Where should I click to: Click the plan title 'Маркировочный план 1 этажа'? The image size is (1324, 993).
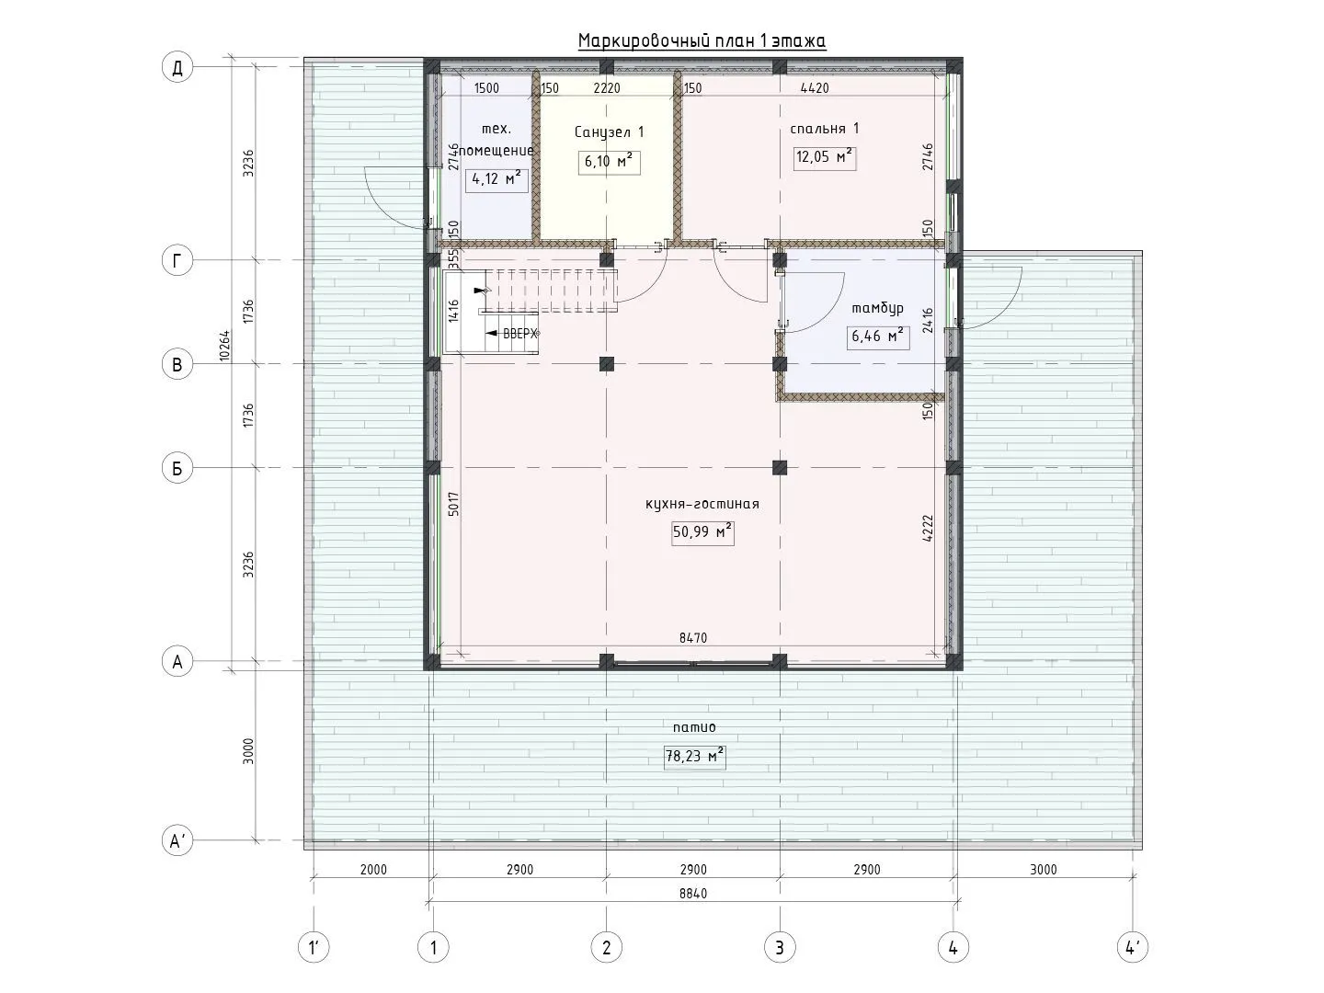coord(702,41)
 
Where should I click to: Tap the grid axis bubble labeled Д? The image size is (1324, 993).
coord(177,67)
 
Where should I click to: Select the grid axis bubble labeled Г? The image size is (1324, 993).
coord(177,260)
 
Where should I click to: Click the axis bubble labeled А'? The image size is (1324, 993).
coord(177,840)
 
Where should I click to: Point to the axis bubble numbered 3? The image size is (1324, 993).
coord(780,948)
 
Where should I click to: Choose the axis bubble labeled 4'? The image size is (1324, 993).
coord(1132,948)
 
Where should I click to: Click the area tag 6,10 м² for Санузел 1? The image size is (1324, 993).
coord(609,162)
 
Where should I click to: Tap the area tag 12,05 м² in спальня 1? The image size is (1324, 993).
coord(824,157)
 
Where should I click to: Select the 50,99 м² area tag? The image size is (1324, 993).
coord(702,532)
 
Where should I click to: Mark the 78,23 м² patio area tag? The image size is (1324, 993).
coord(694,756)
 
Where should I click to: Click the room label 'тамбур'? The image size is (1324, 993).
coord(878,308)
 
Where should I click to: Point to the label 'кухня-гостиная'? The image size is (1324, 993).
coord(702,504)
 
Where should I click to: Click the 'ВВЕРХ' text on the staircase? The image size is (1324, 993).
coord(519,334)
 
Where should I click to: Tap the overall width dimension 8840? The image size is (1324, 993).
coord(693,893)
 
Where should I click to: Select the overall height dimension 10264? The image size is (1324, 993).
coord(224,345)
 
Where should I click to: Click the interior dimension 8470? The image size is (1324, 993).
coord(693,638)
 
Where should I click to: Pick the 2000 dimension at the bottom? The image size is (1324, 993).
coord(373,870)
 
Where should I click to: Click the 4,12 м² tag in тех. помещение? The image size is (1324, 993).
coord(496,179)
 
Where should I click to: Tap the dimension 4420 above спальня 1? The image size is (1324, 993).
coord(815,88)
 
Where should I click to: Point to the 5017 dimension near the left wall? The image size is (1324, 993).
coord(453,504)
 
